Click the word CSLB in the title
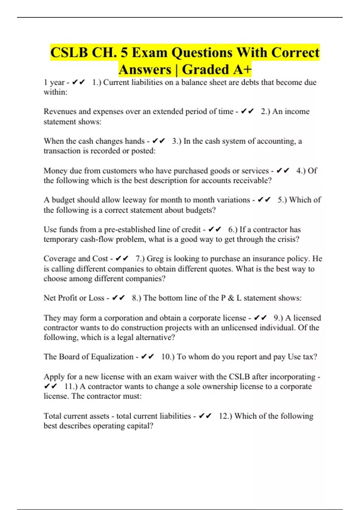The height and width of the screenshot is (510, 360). coord(69,52)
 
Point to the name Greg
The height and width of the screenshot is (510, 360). coord(155,259)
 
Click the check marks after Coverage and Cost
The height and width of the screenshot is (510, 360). coord(122,259)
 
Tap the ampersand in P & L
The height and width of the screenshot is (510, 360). coord(231,298)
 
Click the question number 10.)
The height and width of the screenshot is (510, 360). coord(168,357)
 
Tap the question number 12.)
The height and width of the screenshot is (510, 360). coord(225,416)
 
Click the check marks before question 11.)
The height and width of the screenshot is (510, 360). coord(50,386)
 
